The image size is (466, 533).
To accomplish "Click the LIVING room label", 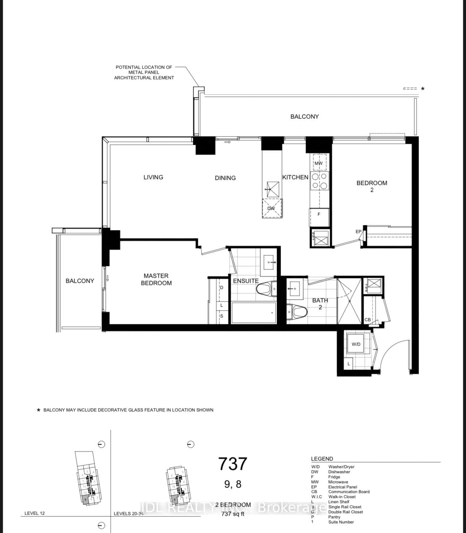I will (x=153, y=177).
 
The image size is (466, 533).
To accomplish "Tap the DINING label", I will (x=225, y=178).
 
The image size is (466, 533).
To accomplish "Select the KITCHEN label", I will (x=295, y=177).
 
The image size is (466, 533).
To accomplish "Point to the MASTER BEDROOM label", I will (x=156, y=279).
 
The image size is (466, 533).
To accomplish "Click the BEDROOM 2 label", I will (x=372, y=186).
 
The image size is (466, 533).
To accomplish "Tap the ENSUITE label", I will (x=246, y=281).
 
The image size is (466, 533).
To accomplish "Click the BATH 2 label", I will (x=320, y=304).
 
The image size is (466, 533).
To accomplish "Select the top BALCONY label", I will (x=305, y=117).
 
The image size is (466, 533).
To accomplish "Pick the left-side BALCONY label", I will (x=80, y=281).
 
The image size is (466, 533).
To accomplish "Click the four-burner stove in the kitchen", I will (x=319, y=181).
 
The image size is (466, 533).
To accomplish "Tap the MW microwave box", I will (x=319, y=163).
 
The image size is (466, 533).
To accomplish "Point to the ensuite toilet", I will (x=264, y=289).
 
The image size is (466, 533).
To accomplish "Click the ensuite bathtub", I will (x=254, y=313).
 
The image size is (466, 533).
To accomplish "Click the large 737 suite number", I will (x=233, y=464).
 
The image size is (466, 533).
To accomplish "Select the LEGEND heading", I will (x=322, y=459).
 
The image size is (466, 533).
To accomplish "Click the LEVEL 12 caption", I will (x=35, y=513).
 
